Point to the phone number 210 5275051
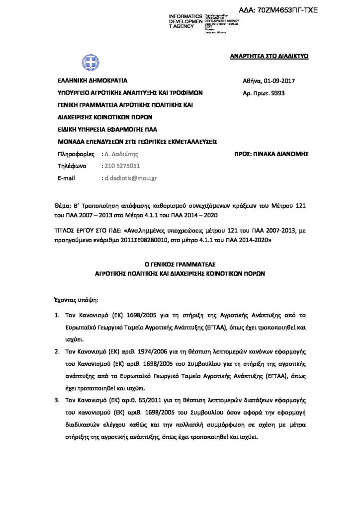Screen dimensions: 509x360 [120, 166]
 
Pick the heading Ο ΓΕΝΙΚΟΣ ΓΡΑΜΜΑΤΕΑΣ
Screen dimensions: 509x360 [180, 264]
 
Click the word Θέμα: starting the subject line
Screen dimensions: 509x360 [62, 205]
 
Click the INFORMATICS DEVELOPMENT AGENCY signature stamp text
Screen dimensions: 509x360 [186, 21]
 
